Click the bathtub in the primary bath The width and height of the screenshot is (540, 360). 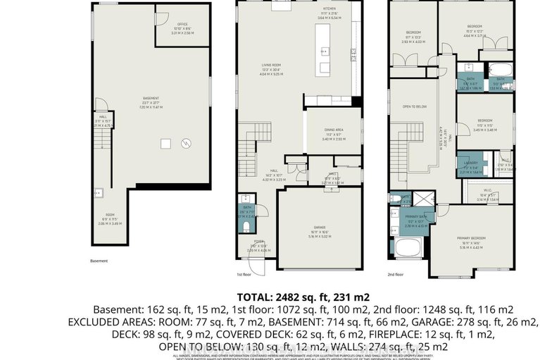click(x=408, y=249)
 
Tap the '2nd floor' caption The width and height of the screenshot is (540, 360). click(x=396, y=274)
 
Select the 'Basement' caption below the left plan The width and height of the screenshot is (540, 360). click(x=99, y=261)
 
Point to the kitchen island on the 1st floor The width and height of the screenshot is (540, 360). click(x=324, y=49)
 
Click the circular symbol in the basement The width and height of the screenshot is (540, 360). click(x=187, y=144)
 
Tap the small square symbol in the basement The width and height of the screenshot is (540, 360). click(x=164, y=144)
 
